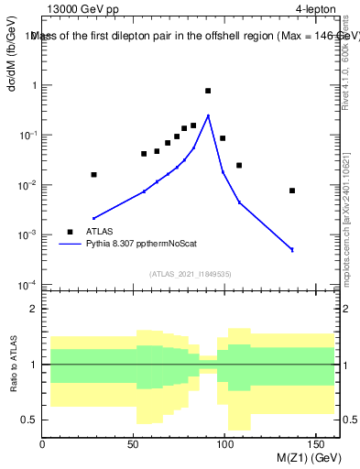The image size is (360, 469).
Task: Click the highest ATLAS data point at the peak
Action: pyautogui.click(x=208, y=91)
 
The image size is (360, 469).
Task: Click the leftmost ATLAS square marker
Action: pyautogui.click(x=93, y=174)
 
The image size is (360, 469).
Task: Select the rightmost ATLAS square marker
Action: pyautogui.click(x=292, y=191)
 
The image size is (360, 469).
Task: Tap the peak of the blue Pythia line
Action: pyautogui.click(x=209, y=115)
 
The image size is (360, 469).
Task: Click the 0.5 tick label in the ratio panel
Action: pyautogui.click(x=28, y=420)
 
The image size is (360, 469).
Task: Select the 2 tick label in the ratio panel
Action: pyautogui.click(x=33, y=309)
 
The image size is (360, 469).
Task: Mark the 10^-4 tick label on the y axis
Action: pyautogui.click(x=27, y=285)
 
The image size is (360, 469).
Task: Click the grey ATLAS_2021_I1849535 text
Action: pyautogui.click(x=190, y=273)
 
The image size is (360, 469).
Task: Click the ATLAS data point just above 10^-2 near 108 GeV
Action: pyautogui.click(x=239, y=165)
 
